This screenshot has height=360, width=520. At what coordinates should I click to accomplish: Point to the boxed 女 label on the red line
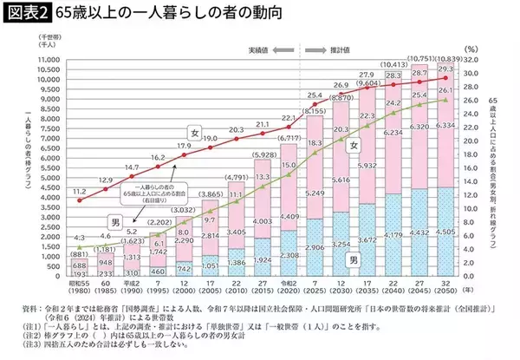[x=195, y=134]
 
